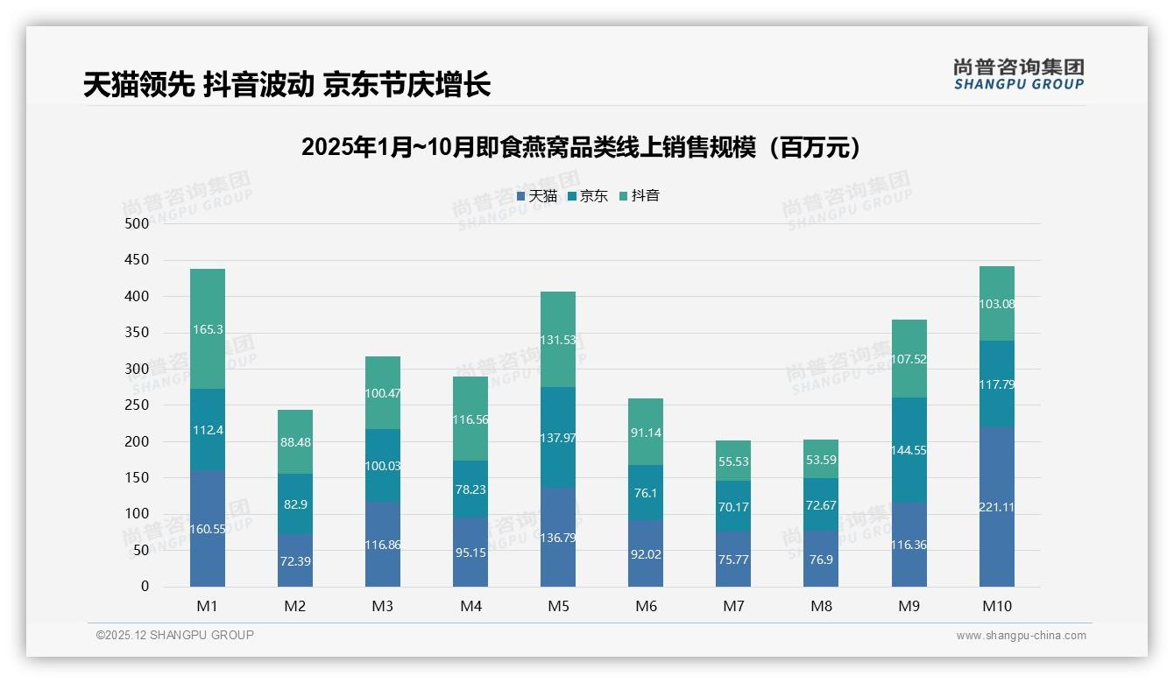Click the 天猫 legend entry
point(536,196)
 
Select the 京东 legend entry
point(587,196)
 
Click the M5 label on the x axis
point(558,606)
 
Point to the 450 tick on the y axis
point(138,260)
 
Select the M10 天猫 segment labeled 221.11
point(996,507)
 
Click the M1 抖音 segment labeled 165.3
point(208,329)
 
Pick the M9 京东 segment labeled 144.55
point(909,450)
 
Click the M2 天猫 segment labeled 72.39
point(295,560)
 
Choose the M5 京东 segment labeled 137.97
point(558,437)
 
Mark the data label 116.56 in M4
point(470,419)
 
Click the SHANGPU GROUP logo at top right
point(1018,74)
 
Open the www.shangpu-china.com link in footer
point(1021,636)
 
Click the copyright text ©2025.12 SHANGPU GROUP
point(175,635)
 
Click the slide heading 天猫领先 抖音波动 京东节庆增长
point(286,84)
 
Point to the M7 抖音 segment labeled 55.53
point(733,461)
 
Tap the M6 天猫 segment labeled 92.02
point(646,553)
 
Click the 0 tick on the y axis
point(145,587)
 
